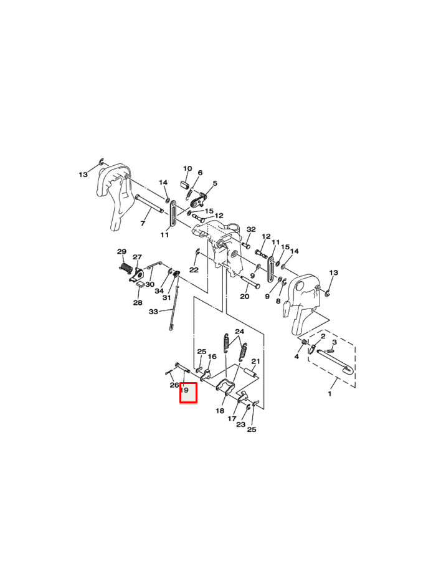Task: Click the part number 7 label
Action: (143, 223)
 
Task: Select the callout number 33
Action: (153, 312)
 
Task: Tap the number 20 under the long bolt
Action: (245, 297)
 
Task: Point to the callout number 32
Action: (251, 229)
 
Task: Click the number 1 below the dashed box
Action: (329, 394)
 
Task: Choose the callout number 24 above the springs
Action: (239, 331)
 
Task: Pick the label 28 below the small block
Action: (138, 303)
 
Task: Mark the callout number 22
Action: (194, 270)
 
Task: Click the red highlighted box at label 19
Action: (188, 393)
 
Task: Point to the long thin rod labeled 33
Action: (173, 305)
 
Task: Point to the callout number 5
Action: (215, 183)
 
